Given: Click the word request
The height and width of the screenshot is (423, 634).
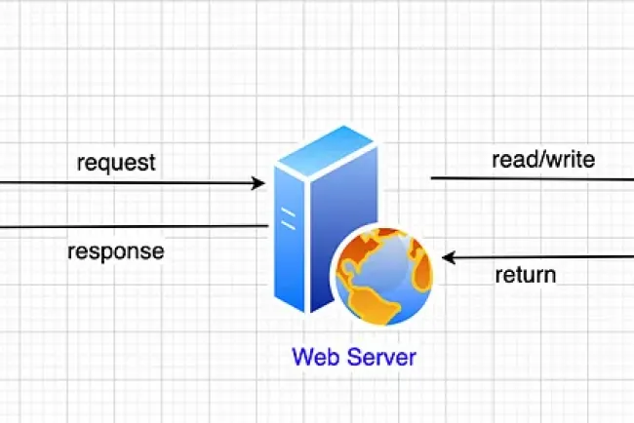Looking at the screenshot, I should [116, 162].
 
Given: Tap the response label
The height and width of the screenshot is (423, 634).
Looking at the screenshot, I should [115, 251].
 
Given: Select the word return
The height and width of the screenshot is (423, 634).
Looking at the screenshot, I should [525, 274].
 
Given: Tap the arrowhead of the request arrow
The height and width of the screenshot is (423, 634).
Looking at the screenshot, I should [258, 182].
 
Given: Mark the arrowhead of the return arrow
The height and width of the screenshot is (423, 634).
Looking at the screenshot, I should [449, 258].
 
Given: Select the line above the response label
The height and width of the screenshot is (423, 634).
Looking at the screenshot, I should [127, 227].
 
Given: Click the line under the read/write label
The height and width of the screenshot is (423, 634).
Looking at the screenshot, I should [532, 178].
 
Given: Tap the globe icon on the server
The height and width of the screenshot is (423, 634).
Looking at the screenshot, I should [382, 274].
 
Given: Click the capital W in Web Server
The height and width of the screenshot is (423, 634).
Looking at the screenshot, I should [300, 357].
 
